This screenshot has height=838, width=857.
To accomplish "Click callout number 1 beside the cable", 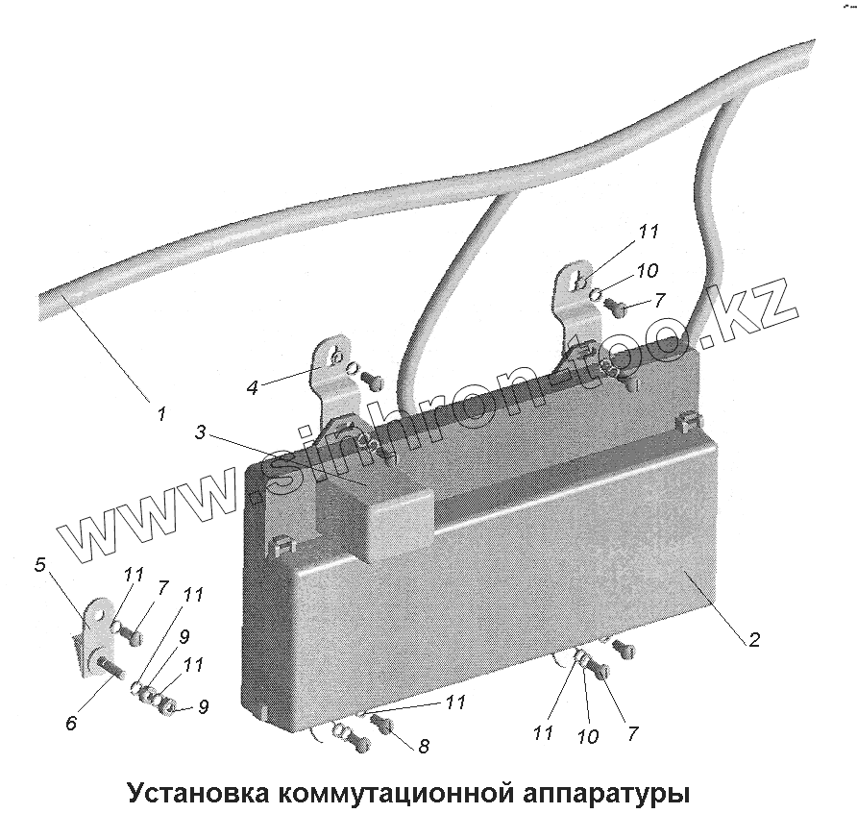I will tap(161, 415).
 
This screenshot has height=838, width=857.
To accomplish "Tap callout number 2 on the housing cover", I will tap(754, 639).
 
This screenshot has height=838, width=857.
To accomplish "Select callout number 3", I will tap(201, 432).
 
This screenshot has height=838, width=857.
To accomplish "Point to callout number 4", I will tap(253, 388).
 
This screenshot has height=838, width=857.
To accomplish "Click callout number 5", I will tap(40, 565).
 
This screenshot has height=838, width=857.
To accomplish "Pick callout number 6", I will tap(71, 724).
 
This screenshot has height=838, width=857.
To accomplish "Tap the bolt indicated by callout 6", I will tap(108, 668).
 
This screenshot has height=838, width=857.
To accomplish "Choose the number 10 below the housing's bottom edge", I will tap(588, 737).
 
